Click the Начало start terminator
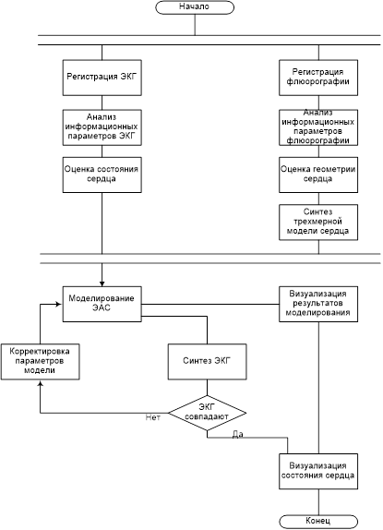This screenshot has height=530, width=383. (x=195, y=7)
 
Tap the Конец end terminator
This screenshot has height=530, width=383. (x=318, y=522)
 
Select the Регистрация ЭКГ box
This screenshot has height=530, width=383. (x=102, y=78)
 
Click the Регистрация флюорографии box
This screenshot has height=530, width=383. (x=318, y=78)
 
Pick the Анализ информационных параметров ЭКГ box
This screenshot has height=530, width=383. (x=102, y=127)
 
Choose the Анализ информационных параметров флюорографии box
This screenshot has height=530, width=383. (x=318, y=127)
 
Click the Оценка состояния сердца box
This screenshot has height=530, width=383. (x=102, y=175)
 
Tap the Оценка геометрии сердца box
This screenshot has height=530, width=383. (x=318, y=175)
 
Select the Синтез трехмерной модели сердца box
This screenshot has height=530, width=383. (x=318, y=223)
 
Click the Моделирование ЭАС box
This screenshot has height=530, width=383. (x=102, y=304)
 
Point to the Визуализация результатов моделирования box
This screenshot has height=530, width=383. (x=318, y=304)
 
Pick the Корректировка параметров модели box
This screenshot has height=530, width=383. (x=41, y=362)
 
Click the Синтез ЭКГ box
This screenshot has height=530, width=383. (x=207, y=362)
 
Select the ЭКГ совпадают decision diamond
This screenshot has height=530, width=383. (x=207, y=413)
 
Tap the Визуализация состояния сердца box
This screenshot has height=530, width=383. (x=318, y=471)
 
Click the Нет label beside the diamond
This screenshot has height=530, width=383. (x=153, y=417)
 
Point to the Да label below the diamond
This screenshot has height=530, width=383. (x=238, y=434)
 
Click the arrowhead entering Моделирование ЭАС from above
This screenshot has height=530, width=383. (x=102, y=283)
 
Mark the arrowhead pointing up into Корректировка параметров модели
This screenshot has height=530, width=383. (x=41, y=382)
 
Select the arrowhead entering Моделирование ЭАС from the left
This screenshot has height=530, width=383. (x=59, y=304)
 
